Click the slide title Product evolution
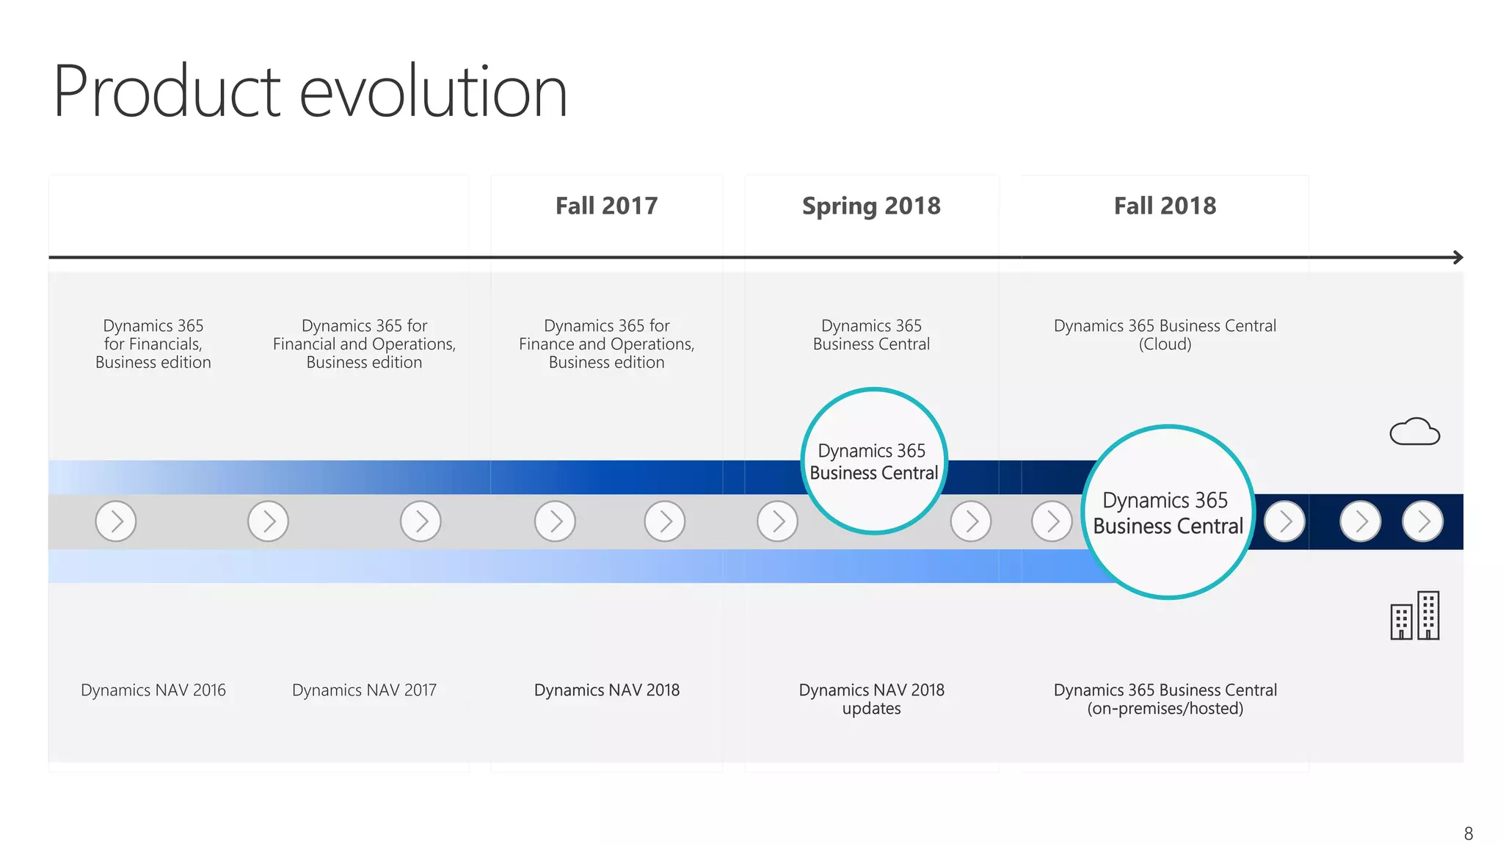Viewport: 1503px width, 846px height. [x=310, y=92]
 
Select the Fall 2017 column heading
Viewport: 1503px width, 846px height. [x=606, y=206]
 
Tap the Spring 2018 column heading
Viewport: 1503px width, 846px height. [x=871, y=206]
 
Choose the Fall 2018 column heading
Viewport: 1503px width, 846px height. [x=1165, y=206]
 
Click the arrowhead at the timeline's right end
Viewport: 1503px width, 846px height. [x=1458, y=258]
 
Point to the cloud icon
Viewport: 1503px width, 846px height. [x=1414, y=432]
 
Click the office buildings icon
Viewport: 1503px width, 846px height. [x=1414, y=616]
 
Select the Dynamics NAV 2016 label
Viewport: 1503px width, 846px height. [x=153, y=690]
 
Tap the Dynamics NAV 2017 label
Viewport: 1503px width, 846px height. [x=364, y=690]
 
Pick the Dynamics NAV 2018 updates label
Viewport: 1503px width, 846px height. [x=871, y=699]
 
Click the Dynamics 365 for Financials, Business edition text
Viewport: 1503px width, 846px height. [x=153, y=344]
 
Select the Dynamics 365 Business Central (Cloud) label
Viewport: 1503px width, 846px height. [x=1165, y=335]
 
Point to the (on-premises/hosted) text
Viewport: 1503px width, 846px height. [x=1165, y=709]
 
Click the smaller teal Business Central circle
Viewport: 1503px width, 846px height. [x=873, y=461]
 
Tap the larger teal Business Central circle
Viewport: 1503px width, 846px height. [x=1168, y=513]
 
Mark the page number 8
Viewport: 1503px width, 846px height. [x=1468, y=834]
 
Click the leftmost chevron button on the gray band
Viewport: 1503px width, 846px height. [x=116, y=521]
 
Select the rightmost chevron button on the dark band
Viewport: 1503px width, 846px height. [x=1422, y=521]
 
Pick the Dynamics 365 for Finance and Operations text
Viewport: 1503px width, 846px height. [x=606, y=344]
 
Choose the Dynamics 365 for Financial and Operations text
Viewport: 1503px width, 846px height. [x=364, y=344]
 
